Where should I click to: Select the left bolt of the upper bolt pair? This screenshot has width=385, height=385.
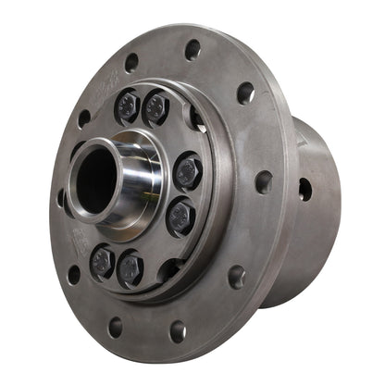click(x=127, y=106)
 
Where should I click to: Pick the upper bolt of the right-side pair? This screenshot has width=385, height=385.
click(x=189, y=172)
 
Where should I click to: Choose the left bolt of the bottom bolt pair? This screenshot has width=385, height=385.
click(x=102, y=262)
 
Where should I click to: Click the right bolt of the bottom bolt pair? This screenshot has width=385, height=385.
click(x=130, y=270)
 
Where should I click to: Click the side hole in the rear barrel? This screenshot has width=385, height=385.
click(x=304, y=189)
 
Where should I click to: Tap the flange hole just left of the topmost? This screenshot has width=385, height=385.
click(x=131, y=62)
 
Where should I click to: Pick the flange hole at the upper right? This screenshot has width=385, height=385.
click(x=244, y=92)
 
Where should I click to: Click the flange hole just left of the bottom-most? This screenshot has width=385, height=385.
click(x=115, y=327)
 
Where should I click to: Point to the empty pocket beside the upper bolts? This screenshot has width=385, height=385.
click(x=194, y=118)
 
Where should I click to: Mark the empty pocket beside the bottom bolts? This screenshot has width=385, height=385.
click(x=167, y=269)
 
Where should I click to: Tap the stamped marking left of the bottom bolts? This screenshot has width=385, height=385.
click(x=79, y=245)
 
